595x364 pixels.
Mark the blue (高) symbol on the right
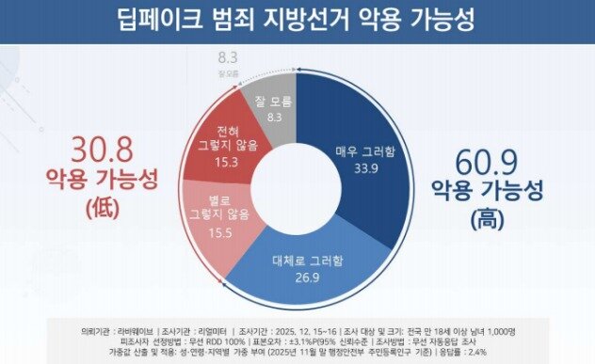coord(487,221)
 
